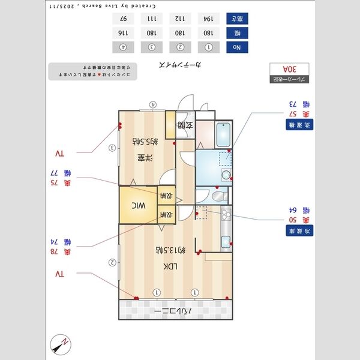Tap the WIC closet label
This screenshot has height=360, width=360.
(139, 205)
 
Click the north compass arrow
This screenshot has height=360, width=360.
(61, 345)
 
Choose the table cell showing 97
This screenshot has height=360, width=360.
(123, 18)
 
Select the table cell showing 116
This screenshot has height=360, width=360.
(123, 32)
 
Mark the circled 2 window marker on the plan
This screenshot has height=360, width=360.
(112, 262)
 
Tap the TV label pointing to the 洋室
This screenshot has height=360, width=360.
(59, 153)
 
